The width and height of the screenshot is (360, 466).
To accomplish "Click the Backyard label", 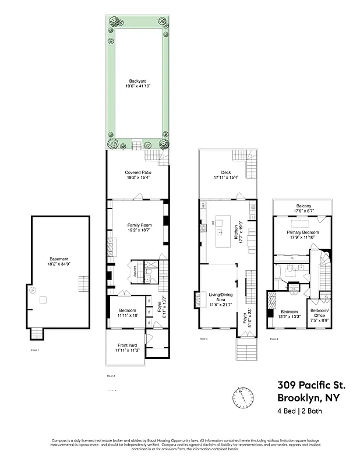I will pos(137,82).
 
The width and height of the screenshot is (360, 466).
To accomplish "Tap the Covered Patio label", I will pos(137,172).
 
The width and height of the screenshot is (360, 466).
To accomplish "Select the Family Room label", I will pos(139,224).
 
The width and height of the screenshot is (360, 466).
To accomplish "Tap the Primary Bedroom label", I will pos(302,232).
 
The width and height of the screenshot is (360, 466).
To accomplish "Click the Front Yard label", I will pos(126,346).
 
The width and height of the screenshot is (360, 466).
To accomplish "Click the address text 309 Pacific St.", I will pos(310,385).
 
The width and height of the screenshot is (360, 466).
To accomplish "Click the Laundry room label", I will pos(135,271).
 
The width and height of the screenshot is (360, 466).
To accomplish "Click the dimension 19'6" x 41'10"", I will pos(137,86).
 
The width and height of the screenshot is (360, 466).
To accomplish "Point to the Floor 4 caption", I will pos(273,338).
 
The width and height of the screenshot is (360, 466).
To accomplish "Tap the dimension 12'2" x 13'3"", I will pos(290,316).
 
